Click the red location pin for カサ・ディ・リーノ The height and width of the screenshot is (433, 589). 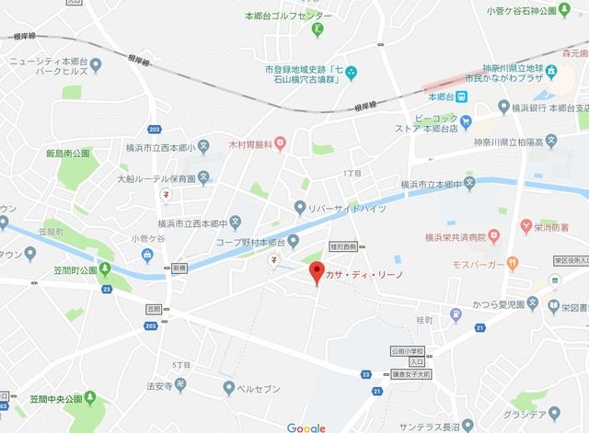318,272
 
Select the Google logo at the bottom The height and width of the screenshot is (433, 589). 306,427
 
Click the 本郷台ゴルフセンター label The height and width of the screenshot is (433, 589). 286,16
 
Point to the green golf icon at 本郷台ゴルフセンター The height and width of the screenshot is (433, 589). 318,29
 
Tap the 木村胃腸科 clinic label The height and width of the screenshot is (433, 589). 251,143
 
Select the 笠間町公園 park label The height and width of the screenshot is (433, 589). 75,271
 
